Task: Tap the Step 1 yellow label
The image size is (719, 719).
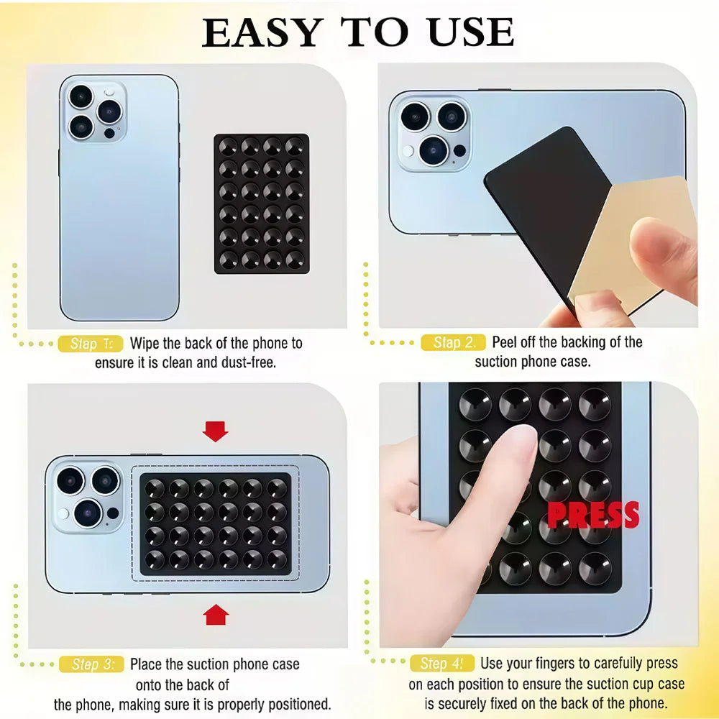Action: [x=91, y=344]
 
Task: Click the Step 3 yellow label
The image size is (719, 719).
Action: [x=91, y=664]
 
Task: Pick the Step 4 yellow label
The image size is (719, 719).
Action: [x=441, y=664]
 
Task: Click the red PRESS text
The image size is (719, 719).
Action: [x=592, y=515]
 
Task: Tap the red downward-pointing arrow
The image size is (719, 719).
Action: [x=215, y=431]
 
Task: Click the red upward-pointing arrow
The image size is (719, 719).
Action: [x=216, y=615]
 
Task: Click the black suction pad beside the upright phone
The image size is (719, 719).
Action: [x=261, y=203]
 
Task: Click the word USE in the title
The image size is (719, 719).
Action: [x=472, y=33]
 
